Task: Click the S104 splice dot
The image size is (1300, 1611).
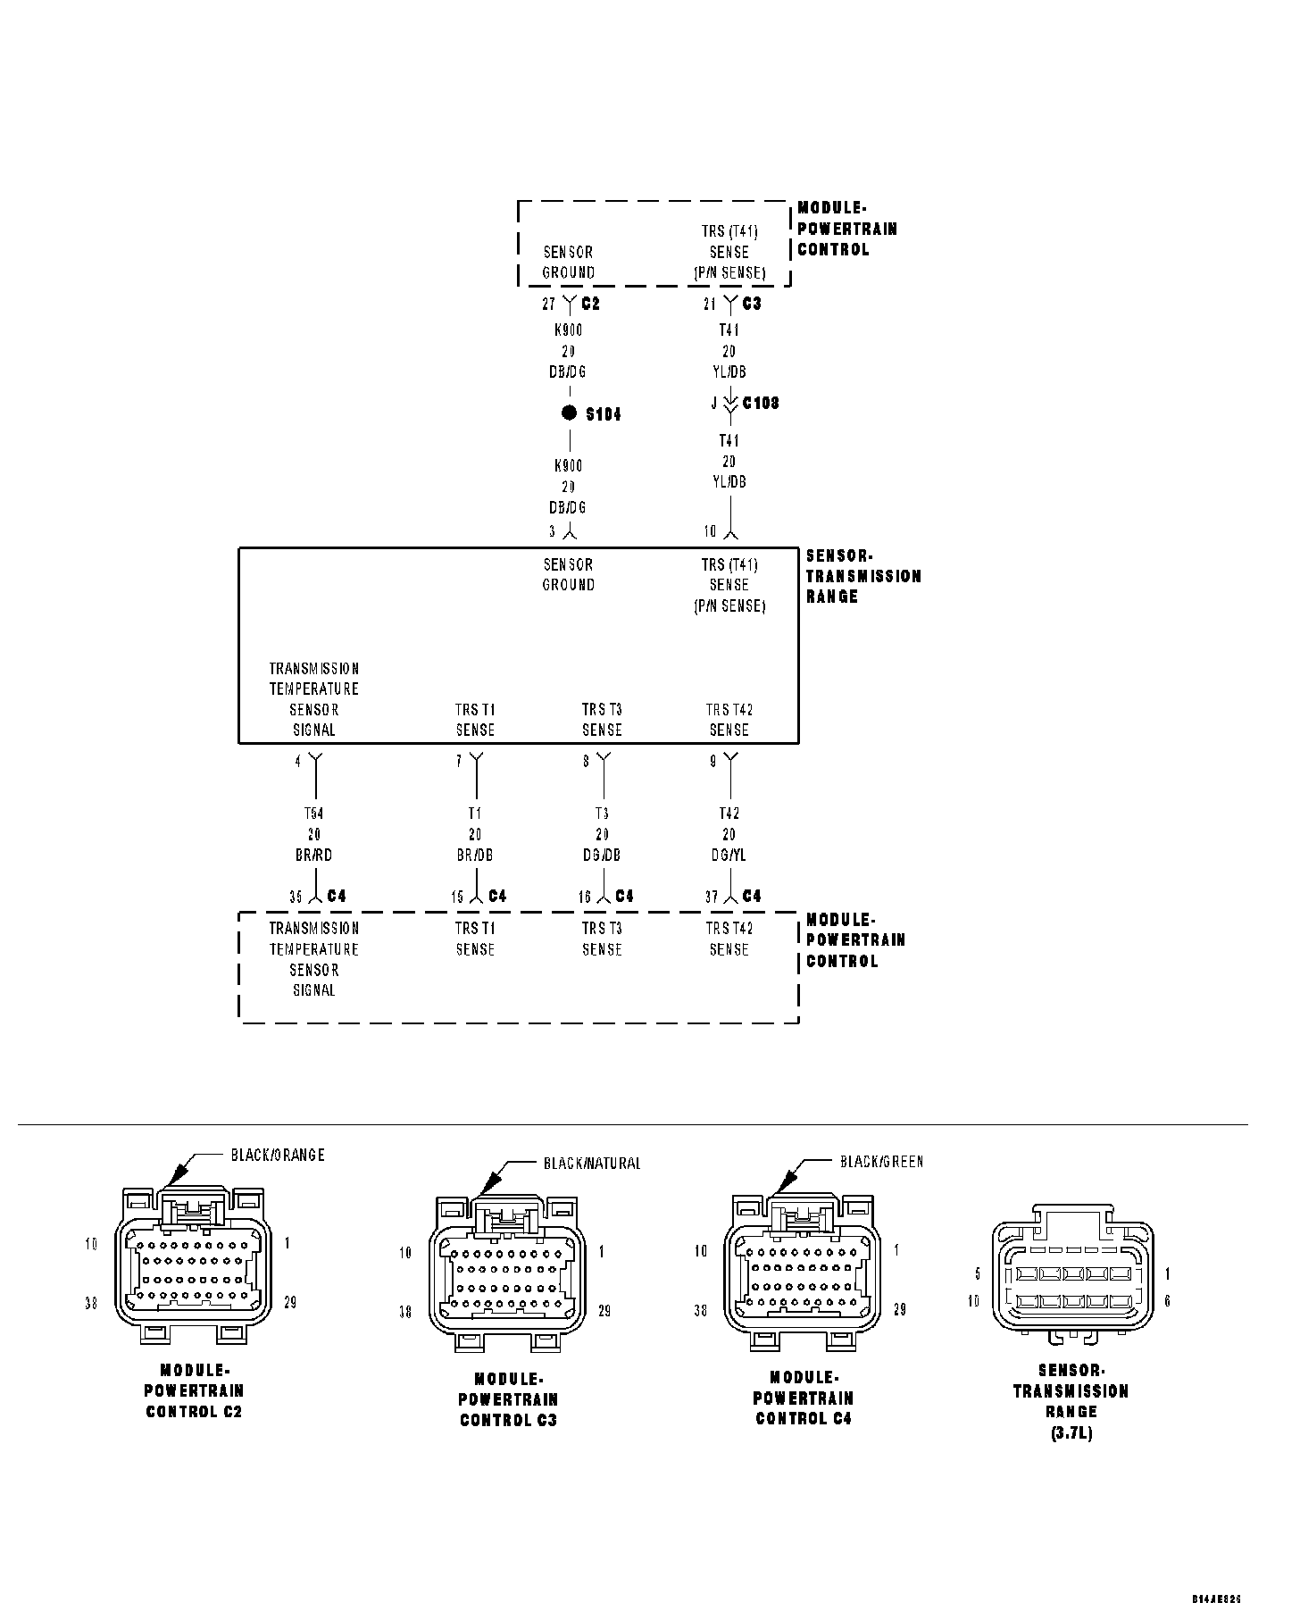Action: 569,413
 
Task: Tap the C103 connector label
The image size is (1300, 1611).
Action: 761,403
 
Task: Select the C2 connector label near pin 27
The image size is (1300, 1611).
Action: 590,304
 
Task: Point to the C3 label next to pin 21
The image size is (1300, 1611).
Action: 752,304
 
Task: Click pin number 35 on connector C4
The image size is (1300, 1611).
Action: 296,897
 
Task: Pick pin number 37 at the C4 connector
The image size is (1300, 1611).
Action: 711,897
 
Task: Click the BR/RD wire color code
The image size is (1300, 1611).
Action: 313,856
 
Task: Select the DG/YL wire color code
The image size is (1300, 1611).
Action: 729,856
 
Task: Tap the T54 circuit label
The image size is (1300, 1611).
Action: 313,814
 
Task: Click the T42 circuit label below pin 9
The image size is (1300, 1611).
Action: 729,814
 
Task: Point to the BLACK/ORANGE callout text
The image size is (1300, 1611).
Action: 278,1155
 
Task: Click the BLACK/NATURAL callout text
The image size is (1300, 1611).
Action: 592,1164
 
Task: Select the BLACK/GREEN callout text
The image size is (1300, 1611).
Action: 881,1162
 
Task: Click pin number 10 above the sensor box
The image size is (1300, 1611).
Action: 710,531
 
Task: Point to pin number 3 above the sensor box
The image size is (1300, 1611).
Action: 553,531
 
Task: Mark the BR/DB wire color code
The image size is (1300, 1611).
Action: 475,856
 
